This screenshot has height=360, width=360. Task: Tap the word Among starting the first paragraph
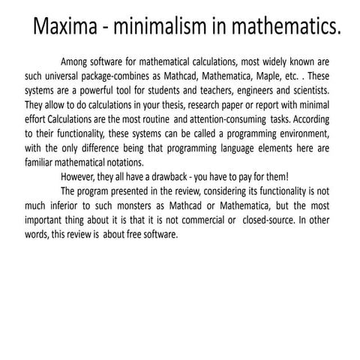point(77,61)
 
